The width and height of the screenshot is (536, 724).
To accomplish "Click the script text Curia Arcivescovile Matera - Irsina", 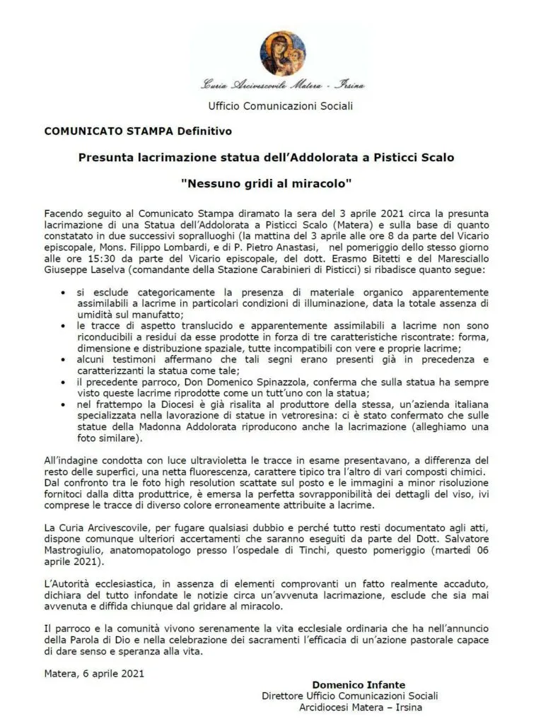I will click(x=283, y=86).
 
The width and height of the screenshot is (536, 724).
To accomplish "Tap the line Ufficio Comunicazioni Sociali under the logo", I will click(x=280, y=106).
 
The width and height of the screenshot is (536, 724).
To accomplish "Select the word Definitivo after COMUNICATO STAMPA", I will click(x=204, y=131).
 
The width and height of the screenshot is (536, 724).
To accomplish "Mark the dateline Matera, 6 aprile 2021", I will click(x=94, y=673).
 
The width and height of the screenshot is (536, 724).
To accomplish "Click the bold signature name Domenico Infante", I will click(x=359, y=684).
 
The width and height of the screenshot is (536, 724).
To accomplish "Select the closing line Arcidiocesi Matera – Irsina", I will click(x=358, y=707).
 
